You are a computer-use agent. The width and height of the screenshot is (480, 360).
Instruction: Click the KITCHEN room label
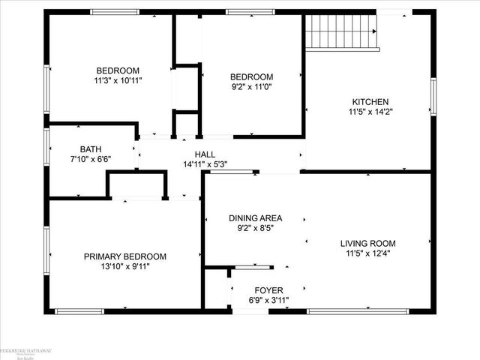click(x=370, y=102)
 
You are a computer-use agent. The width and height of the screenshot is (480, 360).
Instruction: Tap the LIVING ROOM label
click(x=367, y=244)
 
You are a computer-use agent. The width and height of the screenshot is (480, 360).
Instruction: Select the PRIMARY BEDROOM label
click(x=124, y=256)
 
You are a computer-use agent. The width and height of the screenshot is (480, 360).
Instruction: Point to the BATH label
click(x=91, y=149)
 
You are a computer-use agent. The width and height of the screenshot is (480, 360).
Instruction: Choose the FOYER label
click(x=268, y=290)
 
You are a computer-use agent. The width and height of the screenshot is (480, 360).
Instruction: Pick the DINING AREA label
click(x=256, y=218)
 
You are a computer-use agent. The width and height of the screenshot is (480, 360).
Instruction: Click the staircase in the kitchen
click(x=341, y=30)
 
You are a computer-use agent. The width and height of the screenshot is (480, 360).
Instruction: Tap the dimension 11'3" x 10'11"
click(x=118, y=79)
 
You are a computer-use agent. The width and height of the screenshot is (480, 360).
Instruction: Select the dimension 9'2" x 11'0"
click(x=251, y=87)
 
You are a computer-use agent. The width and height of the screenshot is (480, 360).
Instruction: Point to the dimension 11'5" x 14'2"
click(x=370, y=112)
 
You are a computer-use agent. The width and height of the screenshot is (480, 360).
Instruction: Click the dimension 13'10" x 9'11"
click(x=124, y=267)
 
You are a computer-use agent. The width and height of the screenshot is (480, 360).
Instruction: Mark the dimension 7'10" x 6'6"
click(x=91, y=160)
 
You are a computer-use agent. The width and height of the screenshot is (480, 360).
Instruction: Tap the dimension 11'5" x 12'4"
click(x=367, y=253)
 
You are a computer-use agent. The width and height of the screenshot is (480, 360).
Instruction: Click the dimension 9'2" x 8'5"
click(x=256, y=228)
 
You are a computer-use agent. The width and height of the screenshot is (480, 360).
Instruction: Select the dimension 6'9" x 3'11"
click(x=268, y=300)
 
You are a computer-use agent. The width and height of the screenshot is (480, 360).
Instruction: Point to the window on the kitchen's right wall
click(x=433, y=97)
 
